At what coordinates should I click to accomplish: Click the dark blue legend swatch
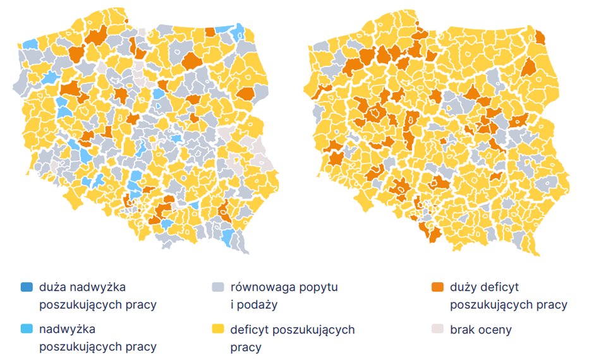click(x=26, y=287)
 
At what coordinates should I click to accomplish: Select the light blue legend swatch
click(x=26, y=329)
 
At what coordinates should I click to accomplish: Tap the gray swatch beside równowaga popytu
click(x=218, y=287)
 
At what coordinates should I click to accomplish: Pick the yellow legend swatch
click(x=218, y=329)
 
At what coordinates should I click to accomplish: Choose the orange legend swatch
click(x=437, y=287)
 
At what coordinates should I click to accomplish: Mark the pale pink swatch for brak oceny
click(x=437, y=329)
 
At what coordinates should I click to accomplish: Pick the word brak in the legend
click(x=463, y=329)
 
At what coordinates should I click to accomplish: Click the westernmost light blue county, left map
click(x=30, y=44)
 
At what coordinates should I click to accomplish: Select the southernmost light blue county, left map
click(x=229, y=238)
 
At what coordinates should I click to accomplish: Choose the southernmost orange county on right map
click(x=433, y=234)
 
